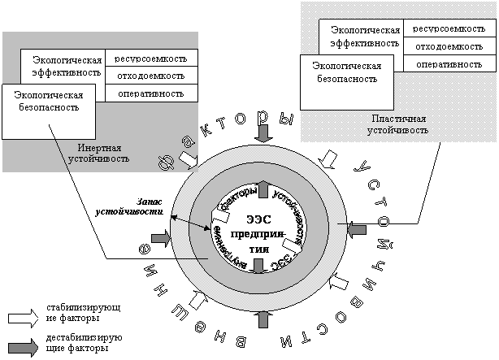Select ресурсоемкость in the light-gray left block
point(155,59)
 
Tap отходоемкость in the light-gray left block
point(155,76)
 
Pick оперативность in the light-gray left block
point(155,93)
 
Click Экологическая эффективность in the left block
point(67,65)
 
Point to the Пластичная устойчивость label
point(395,124)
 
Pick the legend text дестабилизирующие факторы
point(75,342)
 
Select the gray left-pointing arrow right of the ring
point(358,232)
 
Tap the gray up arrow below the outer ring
point(263,320)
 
